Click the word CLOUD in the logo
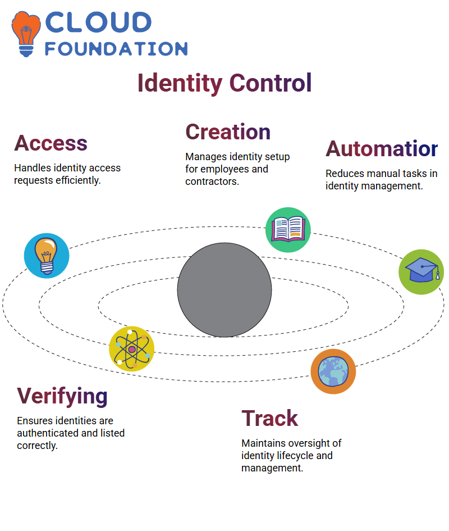98,22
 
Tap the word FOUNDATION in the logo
116,49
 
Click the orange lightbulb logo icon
26,34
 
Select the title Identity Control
224,83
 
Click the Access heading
51,143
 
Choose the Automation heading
382,149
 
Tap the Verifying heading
62,397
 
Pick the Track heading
269,419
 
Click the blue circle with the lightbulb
47,256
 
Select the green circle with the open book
288,230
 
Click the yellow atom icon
132,349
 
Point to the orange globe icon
333,371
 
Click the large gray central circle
224,290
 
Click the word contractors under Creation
212,181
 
